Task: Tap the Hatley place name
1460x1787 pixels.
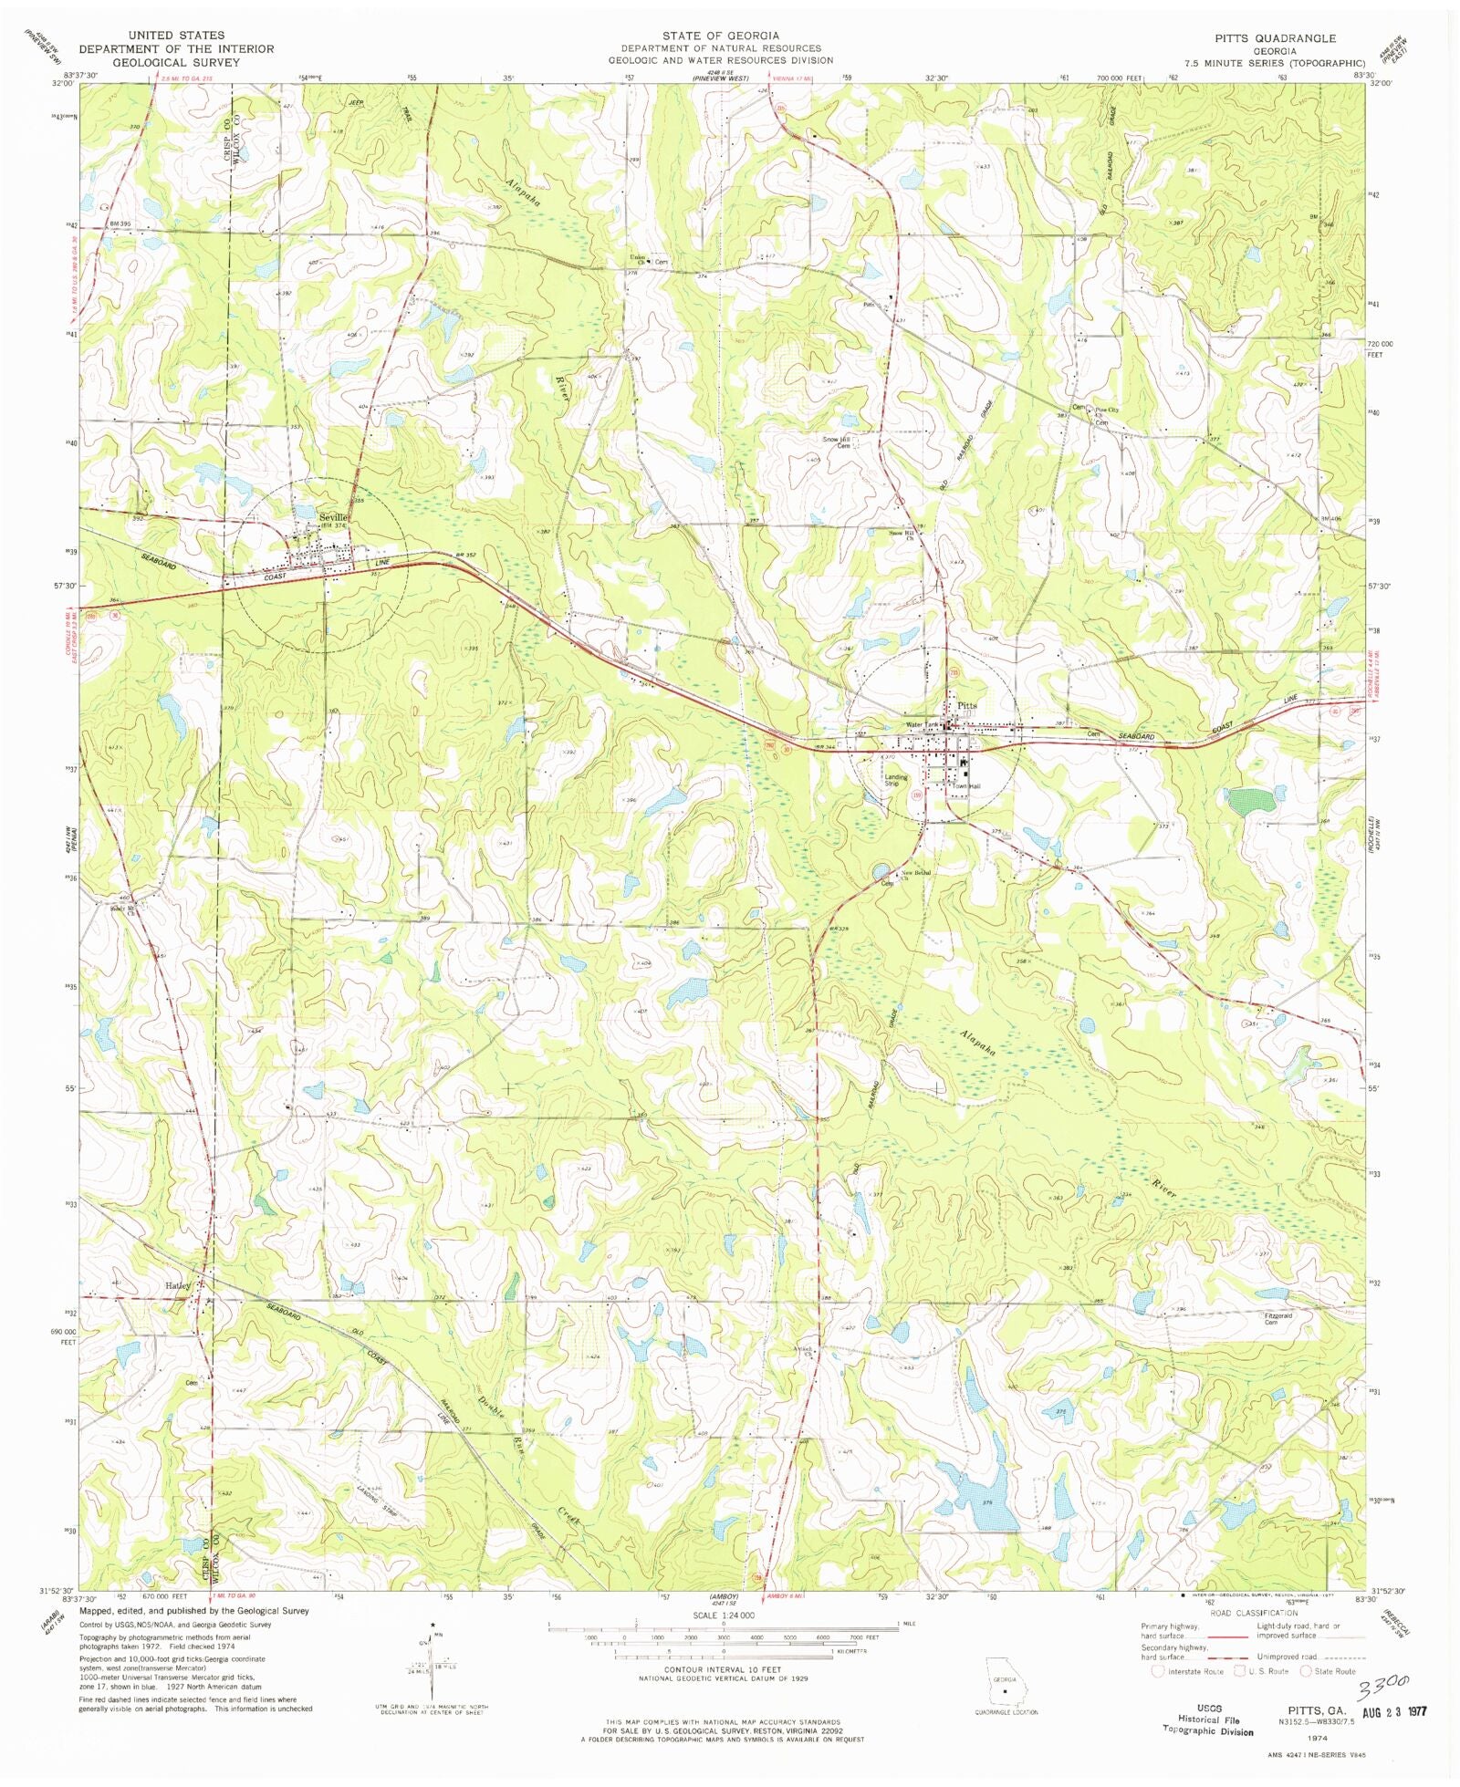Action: point(177,1285)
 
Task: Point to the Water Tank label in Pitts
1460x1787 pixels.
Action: point(921,725)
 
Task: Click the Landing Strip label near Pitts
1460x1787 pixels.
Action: point(896,781)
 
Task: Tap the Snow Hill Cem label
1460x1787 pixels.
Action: point(838,442)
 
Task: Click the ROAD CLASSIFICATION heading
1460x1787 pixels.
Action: point(1253,1614)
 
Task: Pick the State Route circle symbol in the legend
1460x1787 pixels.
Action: point(1306,1671)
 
